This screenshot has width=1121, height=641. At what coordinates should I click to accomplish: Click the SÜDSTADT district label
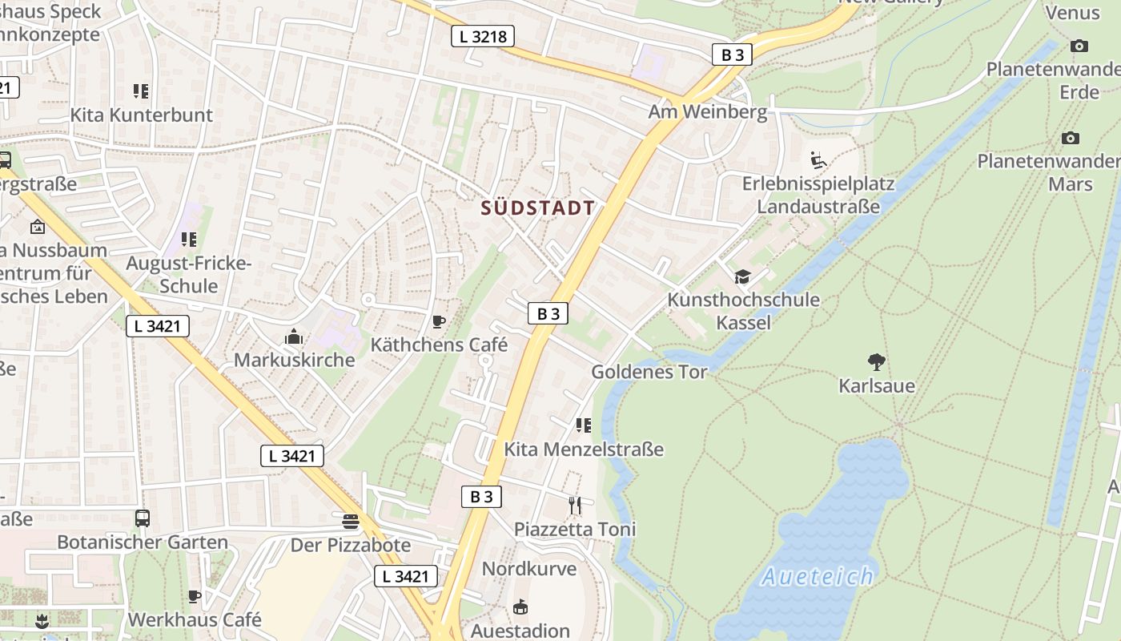(x=538, y=208)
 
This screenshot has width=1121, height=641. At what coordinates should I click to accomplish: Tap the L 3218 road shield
(x=482, y=36)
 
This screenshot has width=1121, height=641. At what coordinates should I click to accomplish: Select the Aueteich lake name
(x=818, y=576)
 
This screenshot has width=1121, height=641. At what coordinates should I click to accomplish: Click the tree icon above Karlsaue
(x=877, y=362)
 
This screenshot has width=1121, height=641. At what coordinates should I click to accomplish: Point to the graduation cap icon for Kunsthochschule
(x=742, y=276)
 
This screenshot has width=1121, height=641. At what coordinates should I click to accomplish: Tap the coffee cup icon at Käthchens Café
(x=438, y=322)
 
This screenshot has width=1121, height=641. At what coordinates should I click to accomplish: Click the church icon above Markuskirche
(x=294, y=337)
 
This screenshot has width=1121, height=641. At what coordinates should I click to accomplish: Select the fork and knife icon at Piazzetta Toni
(x=575, y=505)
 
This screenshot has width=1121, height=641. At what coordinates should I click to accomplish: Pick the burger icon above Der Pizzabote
(x=350, y=522)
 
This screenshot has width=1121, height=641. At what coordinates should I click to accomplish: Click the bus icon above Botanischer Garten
(x=143, y=518)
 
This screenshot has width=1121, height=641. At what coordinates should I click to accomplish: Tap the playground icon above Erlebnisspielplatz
(x=818, y=160)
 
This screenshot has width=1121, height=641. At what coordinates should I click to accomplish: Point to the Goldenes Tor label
(x=649, y=372)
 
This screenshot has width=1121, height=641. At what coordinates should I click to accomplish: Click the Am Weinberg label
(x=707, y=111)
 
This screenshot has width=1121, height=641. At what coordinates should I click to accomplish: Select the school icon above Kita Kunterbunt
(x=141, y=91)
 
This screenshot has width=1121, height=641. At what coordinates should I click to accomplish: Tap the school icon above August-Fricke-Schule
(x=189, y=239)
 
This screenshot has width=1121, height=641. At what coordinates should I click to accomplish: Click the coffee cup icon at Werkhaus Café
(x=194, y=596)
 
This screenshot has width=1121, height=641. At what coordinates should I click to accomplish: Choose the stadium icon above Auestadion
(x=520, y=607)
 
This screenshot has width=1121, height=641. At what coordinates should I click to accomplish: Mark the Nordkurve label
(x=528, y=569)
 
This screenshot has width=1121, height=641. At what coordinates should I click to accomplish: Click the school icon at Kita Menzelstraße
(x=584, y=425)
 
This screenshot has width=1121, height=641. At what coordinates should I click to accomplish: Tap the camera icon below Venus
(x=1079, y=46)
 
